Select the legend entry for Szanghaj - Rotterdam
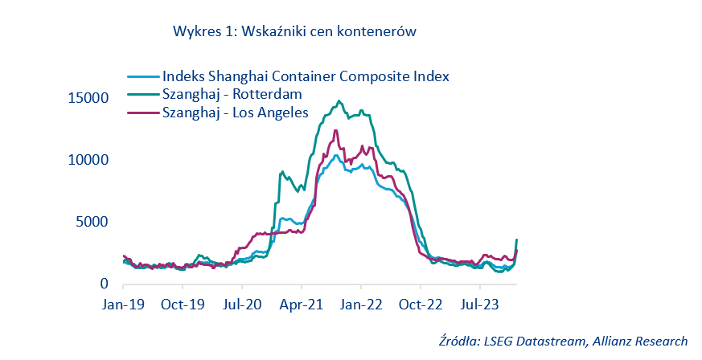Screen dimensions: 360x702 point(232,95)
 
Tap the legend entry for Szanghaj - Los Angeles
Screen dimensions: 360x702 point(235,113)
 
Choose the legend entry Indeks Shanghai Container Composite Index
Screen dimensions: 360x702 point(305,76)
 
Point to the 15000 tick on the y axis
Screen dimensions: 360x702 point(88,98)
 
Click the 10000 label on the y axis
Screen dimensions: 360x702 point(88,160)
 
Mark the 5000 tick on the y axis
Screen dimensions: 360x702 point(92,222)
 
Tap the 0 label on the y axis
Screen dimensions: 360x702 point(104,284)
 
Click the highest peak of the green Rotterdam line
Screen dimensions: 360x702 point(339,101)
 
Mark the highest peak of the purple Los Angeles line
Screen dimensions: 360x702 point(335,130)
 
